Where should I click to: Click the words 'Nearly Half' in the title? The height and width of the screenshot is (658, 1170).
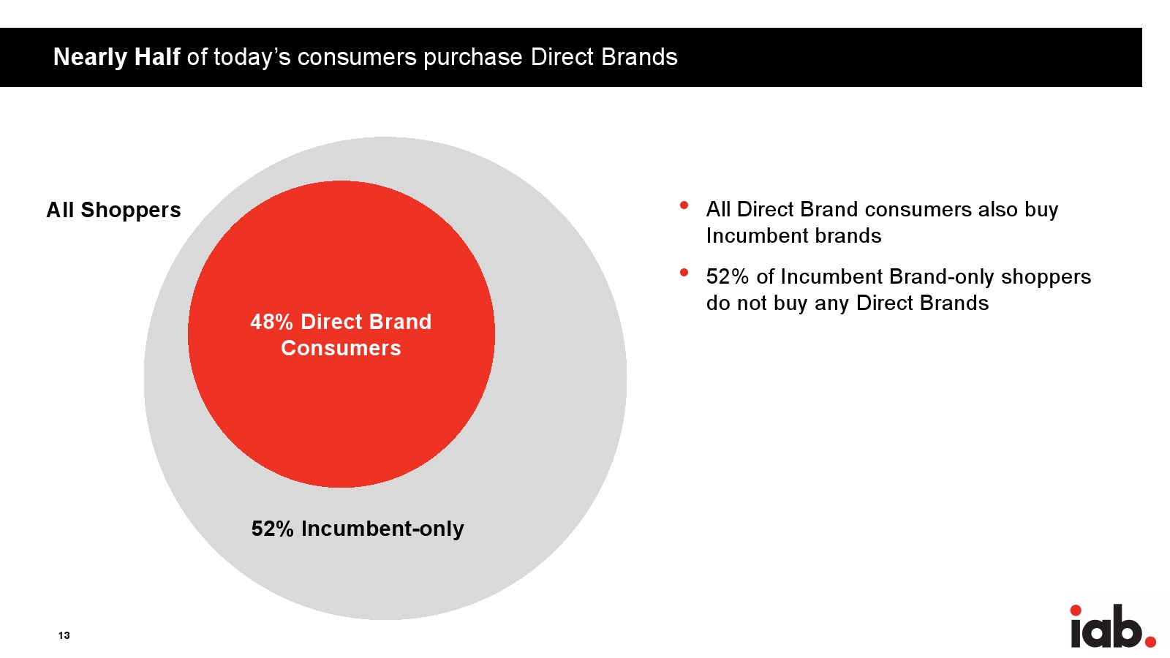coord(116,57)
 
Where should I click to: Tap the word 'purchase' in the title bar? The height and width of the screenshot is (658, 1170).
coord(472,58)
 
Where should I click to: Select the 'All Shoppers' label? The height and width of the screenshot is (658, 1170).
coord(113,210)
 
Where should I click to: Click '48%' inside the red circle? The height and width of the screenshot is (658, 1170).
coord(271,322)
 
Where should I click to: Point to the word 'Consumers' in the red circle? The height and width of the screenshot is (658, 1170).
coord(341,348)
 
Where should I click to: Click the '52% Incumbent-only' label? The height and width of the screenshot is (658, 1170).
coord(358,529)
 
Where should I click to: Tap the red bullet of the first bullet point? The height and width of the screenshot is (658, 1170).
coord(684,205)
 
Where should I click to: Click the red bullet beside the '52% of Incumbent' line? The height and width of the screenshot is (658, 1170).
coord(684,272)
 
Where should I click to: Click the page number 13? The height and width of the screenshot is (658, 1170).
coord(64,635)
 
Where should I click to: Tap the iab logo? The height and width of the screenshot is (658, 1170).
coord(1112,626)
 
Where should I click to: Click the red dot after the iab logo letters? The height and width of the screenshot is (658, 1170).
coord(1150,641)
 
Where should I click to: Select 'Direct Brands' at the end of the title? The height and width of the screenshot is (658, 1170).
coord(604,57)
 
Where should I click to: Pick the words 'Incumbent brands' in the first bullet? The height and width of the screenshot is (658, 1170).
coord(793,235)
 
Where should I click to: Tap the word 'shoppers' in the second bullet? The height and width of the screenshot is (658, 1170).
coord(1046,277)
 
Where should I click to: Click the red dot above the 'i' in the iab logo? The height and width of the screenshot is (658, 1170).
coord(1076,610)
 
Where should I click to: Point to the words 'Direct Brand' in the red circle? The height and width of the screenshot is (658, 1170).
coord(366,322)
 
